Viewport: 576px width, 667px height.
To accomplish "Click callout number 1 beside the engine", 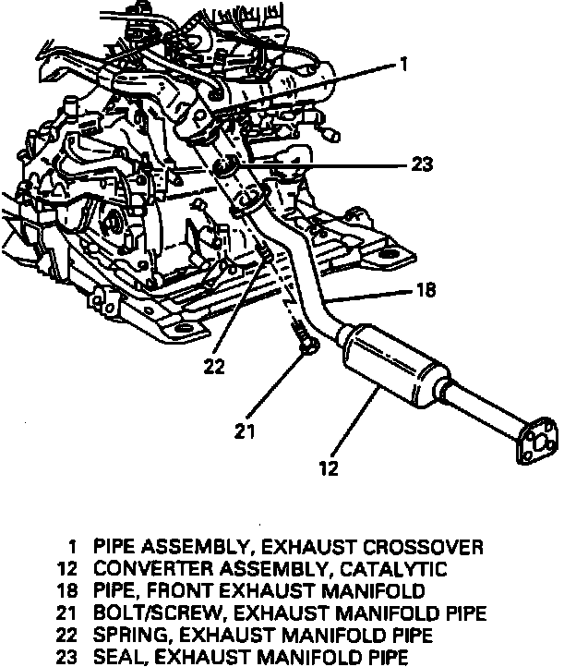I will [x=403, y=65].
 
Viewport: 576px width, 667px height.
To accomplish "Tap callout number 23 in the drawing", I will [x=422, y=166].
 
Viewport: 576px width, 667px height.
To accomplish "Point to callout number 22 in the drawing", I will [x=214, y=367].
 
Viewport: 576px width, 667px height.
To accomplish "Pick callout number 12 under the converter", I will [x=329, y=468].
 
